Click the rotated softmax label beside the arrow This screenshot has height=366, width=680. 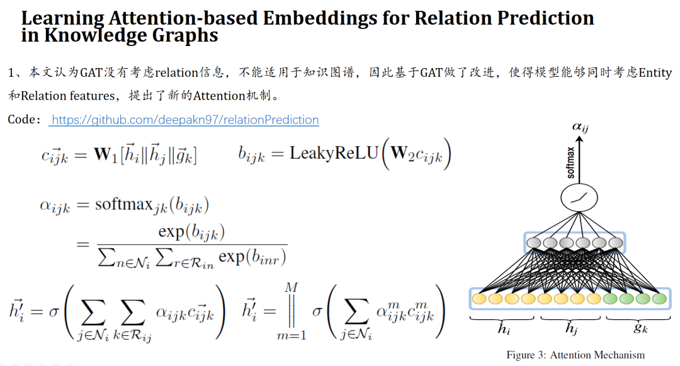(571, 162)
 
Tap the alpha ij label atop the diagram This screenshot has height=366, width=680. (580, 127)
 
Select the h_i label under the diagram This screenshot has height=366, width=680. (503, 328)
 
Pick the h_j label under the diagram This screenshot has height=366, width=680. (570, 328)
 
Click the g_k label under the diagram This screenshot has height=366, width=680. (636, 328)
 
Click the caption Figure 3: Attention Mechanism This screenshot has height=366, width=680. (575, 355)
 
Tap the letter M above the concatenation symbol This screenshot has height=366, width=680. (291, 287)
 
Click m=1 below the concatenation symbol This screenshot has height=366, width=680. (292, 335)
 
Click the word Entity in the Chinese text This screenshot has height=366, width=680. (655, 73)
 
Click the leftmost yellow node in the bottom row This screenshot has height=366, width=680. (481, 298)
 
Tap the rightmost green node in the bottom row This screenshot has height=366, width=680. (659, 298)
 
